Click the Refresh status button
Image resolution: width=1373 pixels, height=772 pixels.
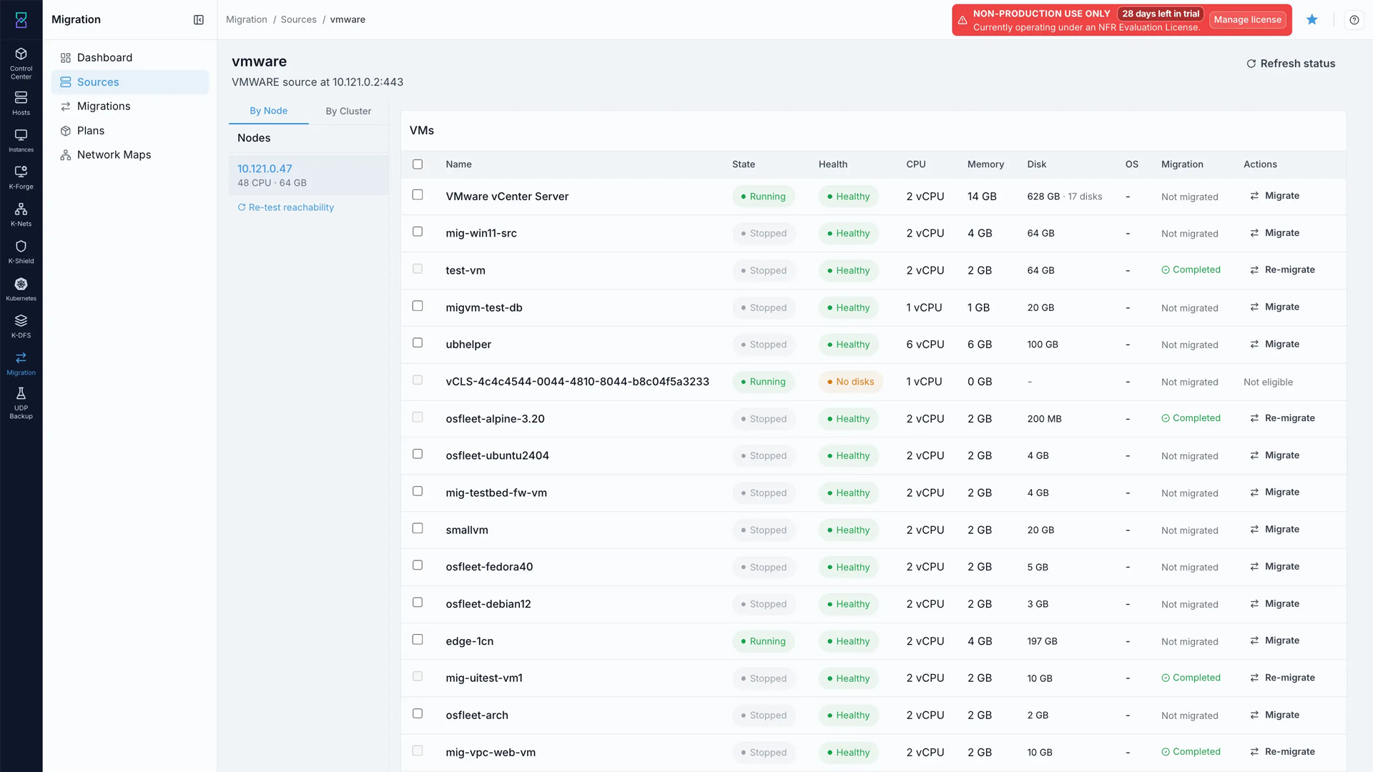pyautogui.click(x=1291, y=64)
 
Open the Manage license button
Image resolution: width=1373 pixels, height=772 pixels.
pyautogui.click(x=1247, y=20)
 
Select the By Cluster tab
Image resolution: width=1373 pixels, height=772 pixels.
pyautogui.click(x=348, y=111)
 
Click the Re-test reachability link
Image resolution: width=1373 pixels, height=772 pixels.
pyautogui.click(x=286, y=207)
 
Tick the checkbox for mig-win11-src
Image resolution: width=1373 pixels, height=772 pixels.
pyautogui.click(x=418, y=232)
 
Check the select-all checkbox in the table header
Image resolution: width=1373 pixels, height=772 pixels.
pyautogui.click(x=418, y=164)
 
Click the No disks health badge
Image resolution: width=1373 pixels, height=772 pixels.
pyautogui.click(x=851, y=382)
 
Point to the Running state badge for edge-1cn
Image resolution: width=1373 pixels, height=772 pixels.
pyautogui.click(x=763, y=641)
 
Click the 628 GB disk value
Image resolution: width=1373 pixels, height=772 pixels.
pyautogui.click(x=1043, y=197)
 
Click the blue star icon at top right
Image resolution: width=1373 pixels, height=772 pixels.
pyautogui.click(x=1312, y=20)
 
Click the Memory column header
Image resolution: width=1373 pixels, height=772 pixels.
pyautogui.click(x=985, y=164)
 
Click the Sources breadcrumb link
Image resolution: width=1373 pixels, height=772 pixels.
pyautogui.click(x=298, y=20)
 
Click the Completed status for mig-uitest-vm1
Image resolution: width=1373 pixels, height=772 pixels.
pyautogui.click(x=1191, y=678)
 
